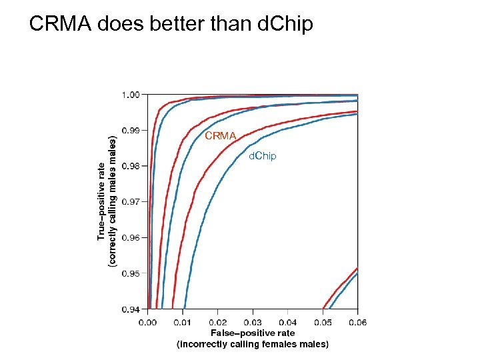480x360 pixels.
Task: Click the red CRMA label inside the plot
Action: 221,136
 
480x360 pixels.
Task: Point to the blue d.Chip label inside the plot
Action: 262,156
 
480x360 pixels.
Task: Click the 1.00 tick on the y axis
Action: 130,95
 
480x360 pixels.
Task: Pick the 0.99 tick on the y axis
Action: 130,131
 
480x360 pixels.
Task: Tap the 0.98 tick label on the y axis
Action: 130,166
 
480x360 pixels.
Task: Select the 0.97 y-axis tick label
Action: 130,201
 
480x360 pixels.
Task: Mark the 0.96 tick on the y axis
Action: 130,237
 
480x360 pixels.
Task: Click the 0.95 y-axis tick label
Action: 130,273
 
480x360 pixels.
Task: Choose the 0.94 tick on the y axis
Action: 130,309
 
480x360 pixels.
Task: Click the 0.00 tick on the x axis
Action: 147,323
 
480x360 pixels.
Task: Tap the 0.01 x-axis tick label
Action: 183,323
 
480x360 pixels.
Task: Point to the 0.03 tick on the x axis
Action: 253,323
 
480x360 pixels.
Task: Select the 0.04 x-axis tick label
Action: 287,323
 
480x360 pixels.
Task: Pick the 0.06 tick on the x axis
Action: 357,323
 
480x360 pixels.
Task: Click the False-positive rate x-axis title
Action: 253,333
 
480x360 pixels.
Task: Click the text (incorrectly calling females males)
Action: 253,344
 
